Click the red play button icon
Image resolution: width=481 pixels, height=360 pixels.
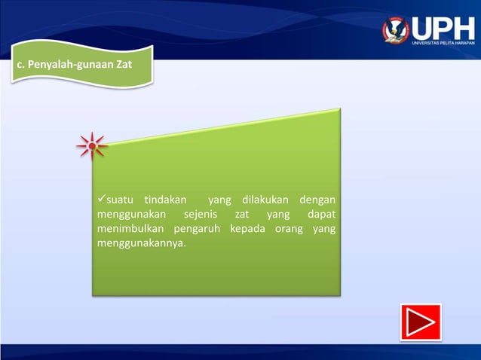420,322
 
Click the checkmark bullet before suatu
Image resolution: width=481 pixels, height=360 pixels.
102,200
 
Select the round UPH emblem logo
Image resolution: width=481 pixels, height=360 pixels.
396,29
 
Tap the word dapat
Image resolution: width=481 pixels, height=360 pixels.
321,215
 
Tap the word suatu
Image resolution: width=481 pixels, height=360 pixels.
120,200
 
